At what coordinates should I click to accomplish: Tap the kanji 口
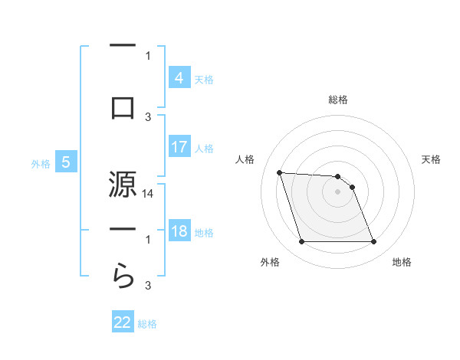tap(123, 106)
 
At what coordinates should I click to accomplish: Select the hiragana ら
tap(123, 273)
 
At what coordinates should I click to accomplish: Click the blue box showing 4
tap(179, 77)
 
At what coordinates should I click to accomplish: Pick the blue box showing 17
tap(179, 146)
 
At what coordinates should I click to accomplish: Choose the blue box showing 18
tap(179, 231)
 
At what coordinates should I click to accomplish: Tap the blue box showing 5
tap(66, 162)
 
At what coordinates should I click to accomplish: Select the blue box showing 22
tap(123, 322)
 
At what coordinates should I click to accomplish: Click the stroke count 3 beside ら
tap(149, 286)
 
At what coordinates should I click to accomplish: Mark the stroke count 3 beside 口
tap(149, 117)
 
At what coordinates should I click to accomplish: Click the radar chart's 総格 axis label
tap(338, 100)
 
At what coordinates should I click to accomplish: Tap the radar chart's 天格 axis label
tap(432, 159)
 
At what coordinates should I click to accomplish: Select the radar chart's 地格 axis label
tap(402, 262)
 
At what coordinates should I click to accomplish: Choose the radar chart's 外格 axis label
tap(270, 262)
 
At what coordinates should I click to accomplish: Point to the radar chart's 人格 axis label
tap(246, 159)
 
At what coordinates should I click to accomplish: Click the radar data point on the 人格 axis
tap(279, 172)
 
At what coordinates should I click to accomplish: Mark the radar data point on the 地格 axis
tap(373, 242)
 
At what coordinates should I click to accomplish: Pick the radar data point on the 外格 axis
tap(301, 242)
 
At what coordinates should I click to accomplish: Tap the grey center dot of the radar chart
tap(338, 191)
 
